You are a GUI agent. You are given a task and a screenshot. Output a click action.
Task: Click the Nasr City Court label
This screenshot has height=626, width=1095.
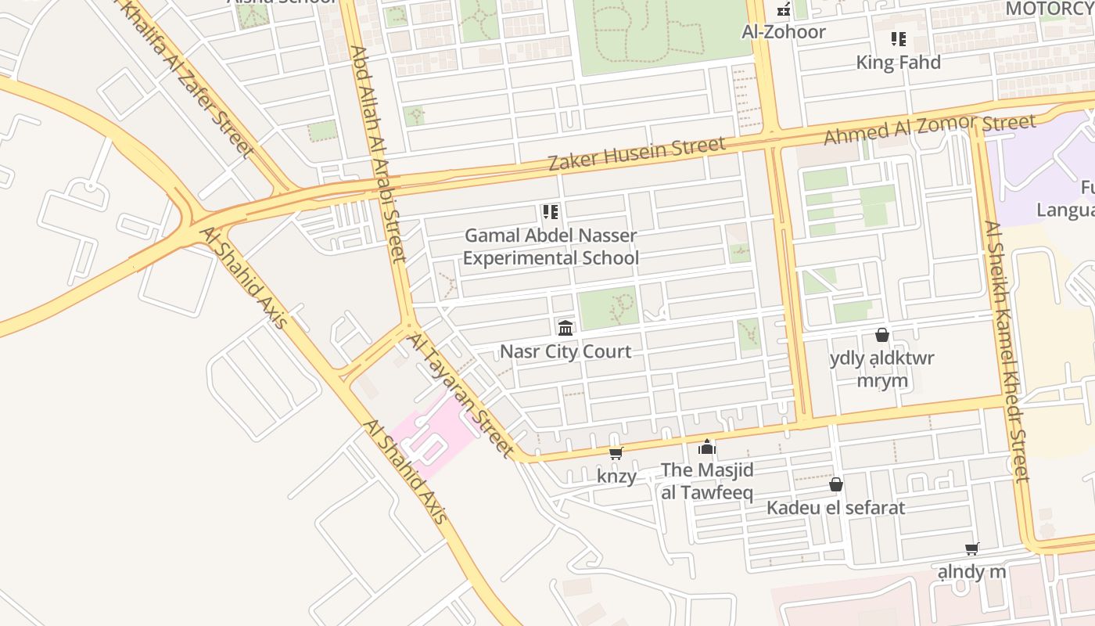click(x=565, y=351)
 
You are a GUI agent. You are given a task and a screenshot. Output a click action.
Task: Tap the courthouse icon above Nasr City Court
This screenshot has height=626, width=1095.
click(x=565, y=328)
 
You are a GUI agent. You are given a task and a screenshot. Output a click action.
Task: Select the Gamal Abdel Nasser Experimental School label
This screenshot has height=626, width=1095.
click(x=551, y=246)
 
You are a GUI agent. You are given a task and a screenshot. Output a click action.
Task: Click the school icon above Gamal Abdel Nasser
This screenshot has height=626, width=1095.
click(x=550, y=212)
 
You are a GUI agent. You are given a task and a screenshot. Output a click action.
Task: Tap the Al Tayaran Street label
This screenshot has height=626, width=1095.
click(x=461, y=395)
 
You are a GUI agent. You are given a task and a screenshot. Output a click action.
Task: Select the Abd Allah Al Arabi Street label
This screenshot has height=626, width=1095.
click(x=377, y=153)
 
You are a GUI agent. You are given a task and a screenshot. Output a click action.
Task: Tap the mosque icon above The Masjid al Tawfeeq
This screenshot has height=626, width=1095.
click(x=707, y=447)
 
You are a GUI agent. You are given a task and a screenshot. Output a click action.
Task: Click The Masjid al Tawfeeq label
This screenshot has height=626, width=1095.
click(x=707, y=480)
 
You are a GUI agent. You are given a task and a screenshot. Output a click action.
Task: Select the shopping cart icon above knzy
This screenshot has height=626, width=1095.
click(x=616, y=453)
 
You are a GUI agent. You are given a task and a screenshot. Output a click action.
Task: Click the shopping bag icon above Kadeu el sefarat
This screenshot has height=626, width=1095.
click(x=835, y=484)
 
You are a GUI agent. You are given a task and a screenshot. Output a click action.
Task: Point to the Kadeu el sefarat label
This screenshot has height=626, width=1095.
click(x=835, y=508)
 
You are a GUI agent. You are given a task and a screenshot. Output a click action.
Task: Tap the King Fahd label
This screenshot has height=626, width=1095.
click(x=898, y=63)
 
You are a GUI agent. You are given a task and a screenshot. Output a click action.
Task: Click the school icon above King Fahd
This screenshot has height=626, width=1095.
click(x=898, y=38)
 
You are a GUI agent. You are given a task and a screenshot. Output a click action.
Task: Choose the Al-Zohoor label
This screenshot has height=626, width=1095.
click(x=783, y=32)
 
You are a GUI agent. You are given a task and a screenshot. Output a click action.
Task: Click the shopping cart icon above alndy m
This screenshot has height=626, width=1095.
click(x=971, y=549)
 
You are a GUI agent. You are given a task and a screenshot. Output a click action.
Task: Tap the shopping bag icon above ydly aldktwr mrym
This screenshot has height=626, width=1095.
click(x=881, y=335)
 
